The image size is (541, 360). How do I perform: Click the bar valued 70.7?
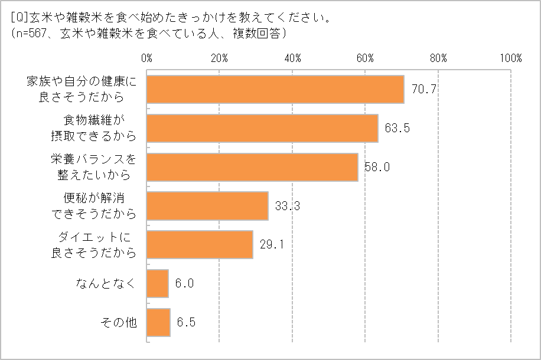pyautogui.click(x=275, y=90)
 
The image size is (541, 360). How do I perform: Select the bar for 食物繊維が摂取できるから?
pyautogui.click(x=262, y=129)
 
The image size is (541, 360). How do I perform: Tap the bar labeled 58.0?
pyautogui.click(x=252, y=167)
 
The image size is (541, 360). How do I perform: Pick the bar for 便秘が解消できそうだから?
pyautogui.click(x=207, y=206)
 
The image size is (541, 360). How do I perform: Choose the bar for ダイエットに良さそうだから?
pyautogui.click(x=200, y=244)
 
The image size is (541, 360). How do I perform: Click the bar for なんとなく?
pyautogui.click(x=158, y=284)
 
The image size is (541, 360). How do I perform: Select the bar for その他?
pyautogui.click(x=158, y=323)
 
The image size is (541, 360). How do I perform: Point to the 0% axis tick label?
pyautogui.click(x=147, y=58)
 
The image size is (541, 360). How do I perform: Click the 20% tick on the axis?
pyautogui.click(x=220, y=58)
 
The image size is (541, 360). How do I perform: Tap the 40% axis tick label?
pyautogui.click(x=292, y=58)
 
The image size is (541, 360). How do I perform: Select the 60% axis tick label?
pyautogui.click(x=366, y=58)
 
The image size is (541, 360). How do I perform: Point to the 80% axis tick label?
pyautogui.click(x=438, y=58)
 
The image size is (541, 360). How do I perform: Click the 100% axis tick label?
pyautogui.click(x=510, y=58)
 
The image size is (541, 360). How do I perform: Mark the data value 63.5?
pyautogui.click(x=397, y=129)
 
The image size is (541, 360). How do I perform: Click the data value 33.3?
pyautogui.click(x=287, y=206)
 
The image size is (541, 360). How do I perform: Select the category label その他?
pyautogui.click(x=119, y=323)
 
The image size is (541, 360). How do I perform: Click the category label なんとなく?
pyautogui.click(x=106, y=284)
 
